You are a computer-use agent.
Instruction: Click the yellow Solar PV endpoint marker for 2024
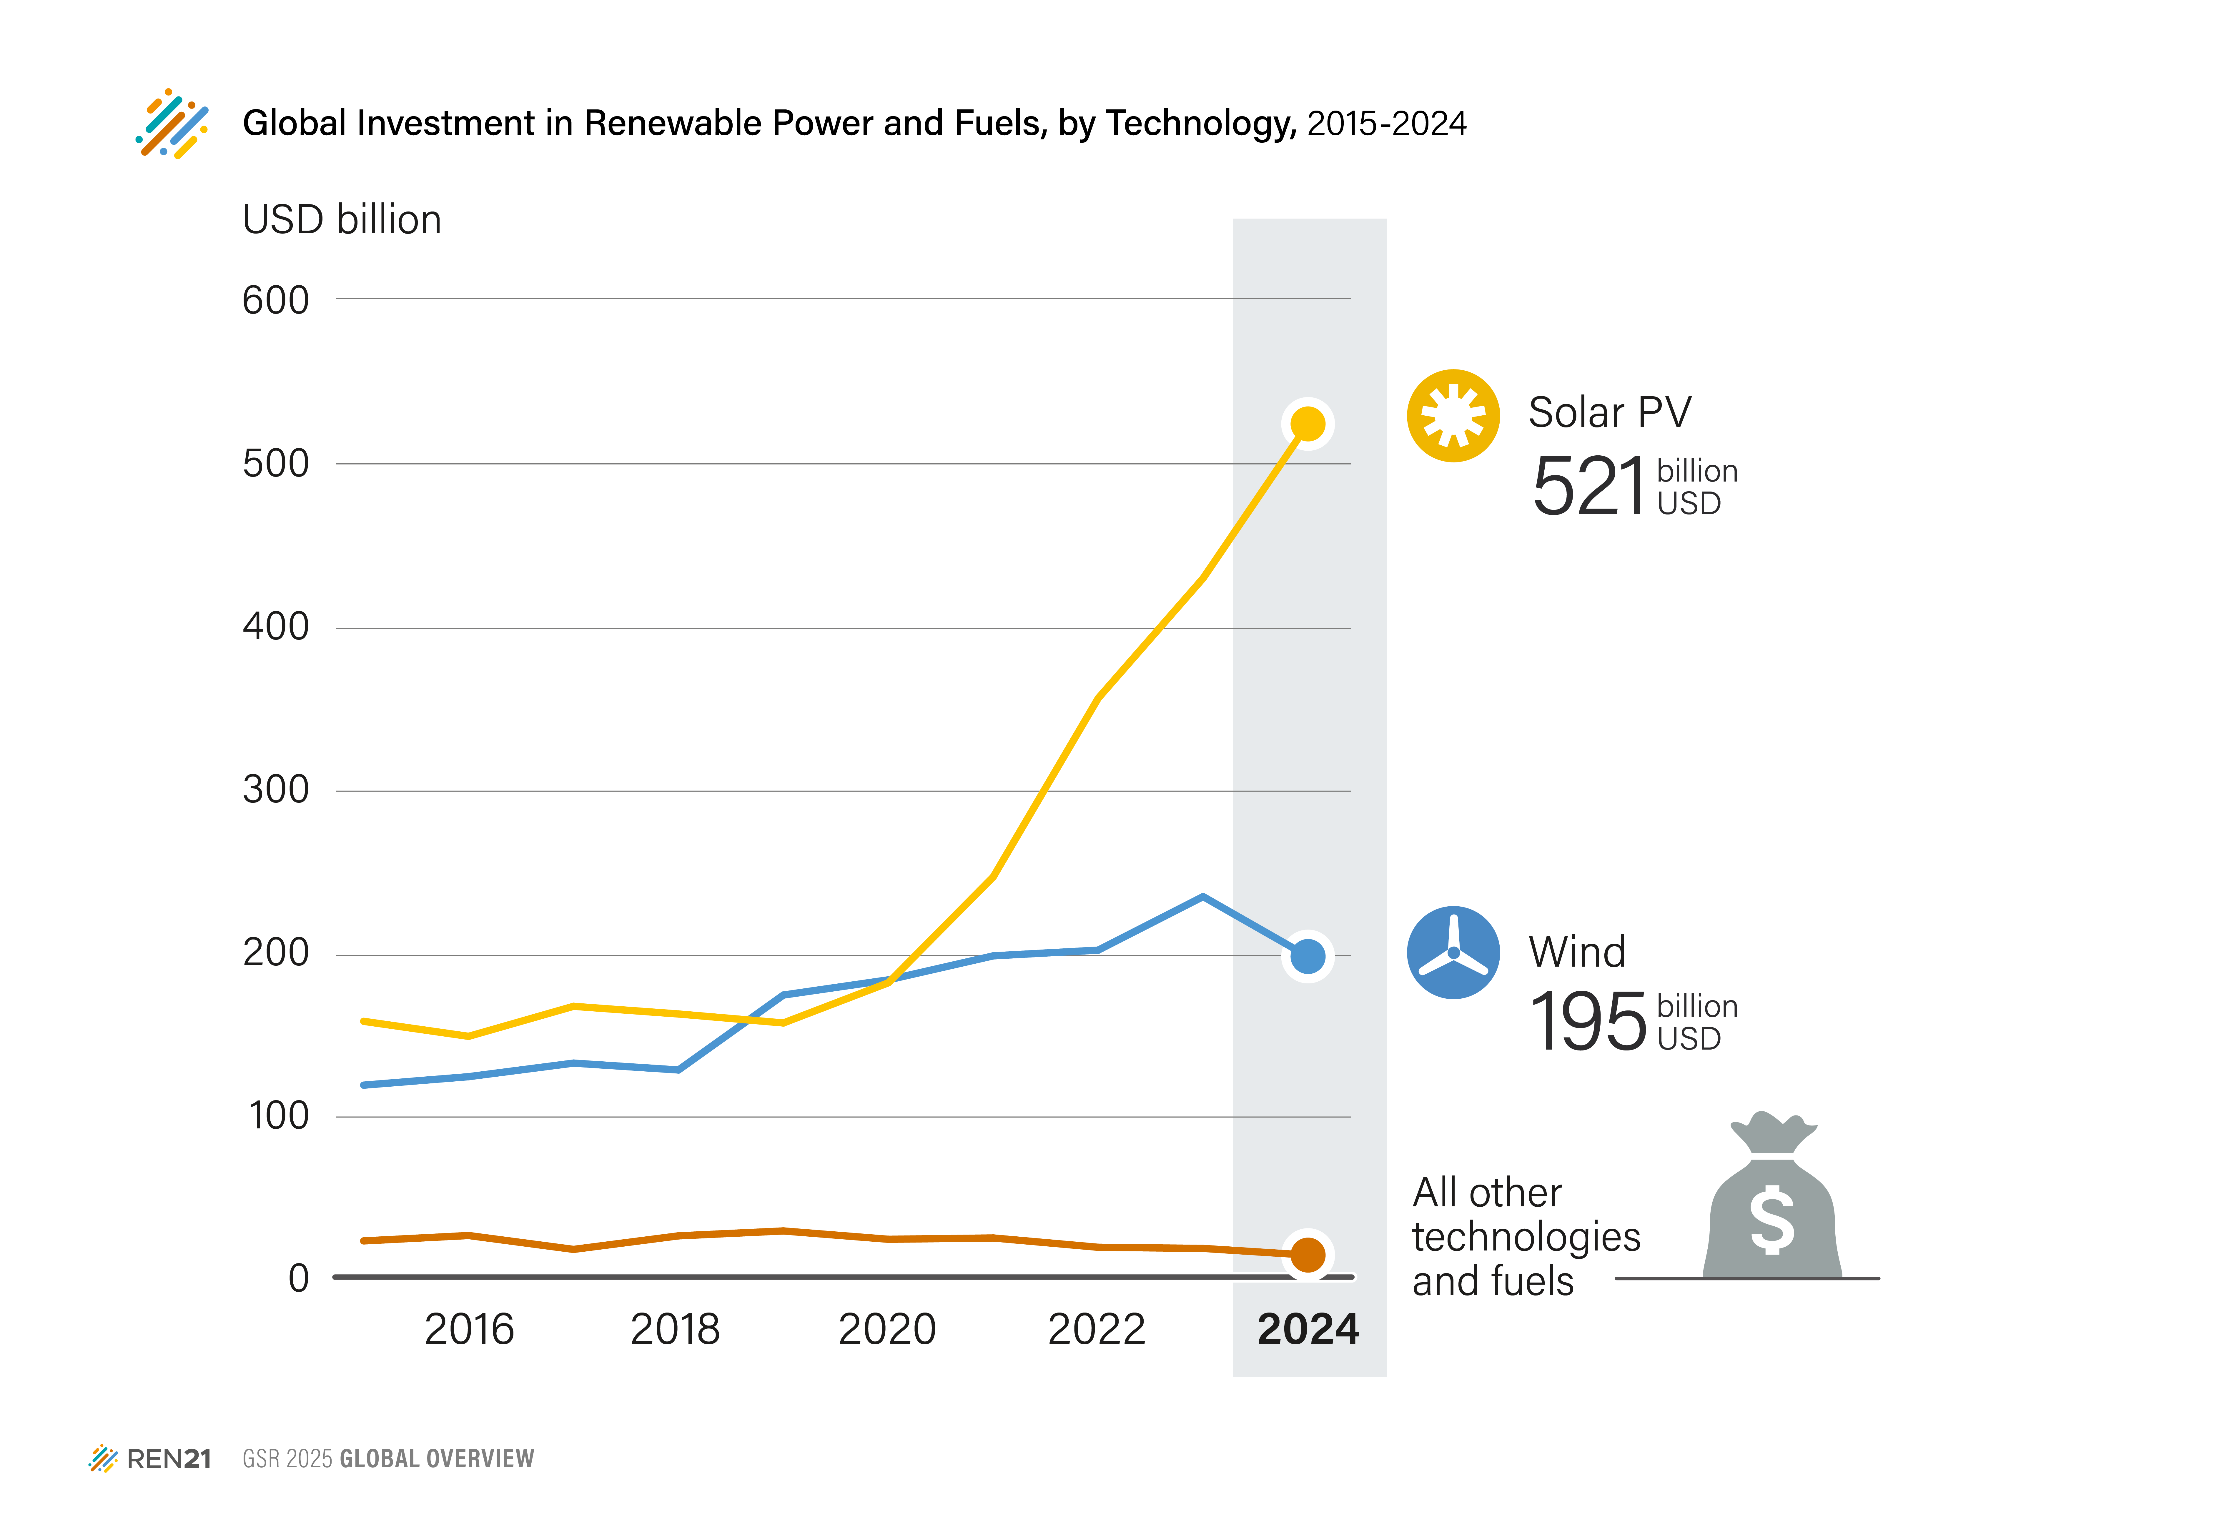(x=1307, y=423)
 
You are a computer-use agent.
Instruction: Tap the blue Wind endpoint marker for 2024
(x=1307, y=956)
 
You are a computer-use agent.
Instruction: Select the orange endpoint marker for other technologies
(x=1307, y=1255)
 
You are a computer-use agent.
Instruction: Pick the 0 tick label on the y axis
(x=299, y=1279)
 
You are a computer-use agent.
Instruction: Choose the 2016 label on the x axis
(x=469, y=1329)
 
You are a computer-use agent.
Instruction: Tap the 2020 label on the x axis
(x=887, y=1329)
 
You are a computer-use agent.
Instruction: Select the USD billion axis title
(x=342, y=220)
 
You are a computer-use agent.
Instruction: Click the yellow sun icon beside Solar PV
(x=1453, y=416)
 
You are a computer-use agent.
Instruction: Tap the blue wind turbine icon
(x=1453, y=952)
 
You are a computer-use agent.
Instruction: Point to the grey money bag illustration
(x=1772, y=1200)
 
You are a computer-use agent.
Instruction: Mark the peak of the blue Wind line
(x=1203, y=897)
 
